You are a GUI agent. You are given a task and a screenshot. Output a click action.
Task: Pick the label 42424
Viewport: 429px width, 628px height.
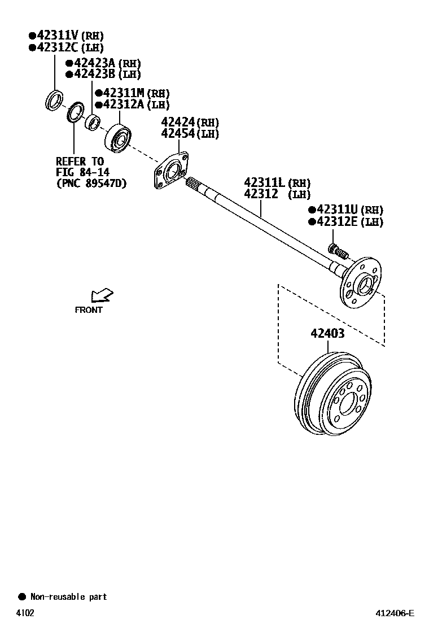(x=178, y=122)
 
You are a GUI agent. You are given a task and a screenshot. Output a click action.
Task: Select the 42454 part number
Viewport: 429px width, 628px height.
(x=178, y=134)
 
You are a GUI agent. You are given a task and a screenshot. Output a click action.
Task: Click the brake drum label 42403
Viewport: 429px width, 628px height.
(x=327, y=333)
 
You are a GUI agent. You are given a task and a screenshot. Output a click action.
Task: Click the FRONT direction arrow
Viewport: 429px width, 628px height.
(x=102, y=295)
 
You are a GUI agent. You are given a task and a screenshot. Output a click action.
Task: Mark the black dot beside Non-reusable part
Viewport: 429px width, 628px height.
(x=22, y=596)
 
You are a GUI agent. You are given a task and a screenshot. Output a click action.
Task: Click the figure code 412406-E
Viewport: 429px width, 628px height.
(x=396, y=613)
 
